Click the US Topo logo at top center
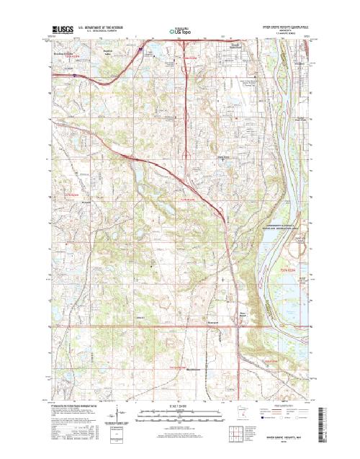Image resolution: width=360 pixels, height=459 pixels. (179, 32)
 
